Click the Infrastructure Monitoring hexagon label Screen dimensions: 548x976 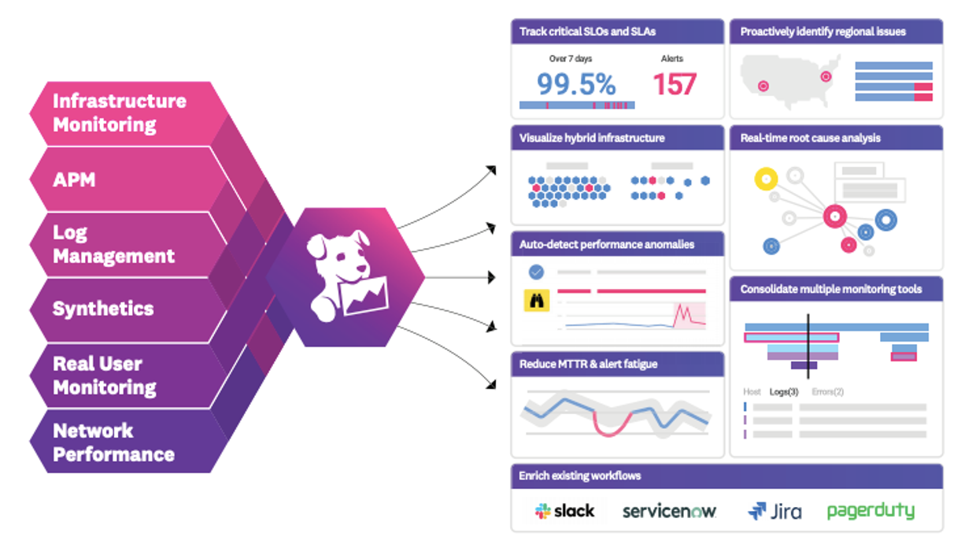120,113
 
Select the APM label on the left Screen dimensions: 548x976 74,180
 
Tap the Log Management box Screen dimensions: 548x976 113,244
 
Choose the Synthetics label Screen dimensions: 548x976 103,309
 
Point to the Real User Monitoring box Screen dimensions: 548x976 105,376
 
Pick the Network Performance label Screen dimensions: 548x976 113,442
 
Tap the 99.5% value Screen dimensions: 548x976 576,83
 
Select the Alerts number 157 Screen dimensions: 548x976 675,83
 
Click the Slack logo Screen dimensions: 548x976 564,511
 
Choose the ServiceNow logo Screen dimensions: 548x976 669,511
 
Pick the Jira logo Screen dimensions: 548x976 775,511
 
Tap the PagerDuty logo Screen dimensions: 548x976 871,511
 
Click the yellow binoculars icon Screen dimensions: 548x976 536,300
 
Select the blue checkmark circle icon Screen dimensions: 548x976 536,272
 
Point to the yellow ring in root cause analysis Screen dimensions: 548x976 766,180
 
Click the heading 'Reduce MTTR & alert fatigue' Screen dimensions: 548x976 588,365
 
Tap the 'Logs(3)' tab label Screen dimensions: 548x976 783,391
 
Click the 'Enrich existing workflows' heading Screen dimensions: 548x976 579,476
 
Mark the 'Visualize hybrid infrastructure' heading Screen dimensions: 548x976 592,138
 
